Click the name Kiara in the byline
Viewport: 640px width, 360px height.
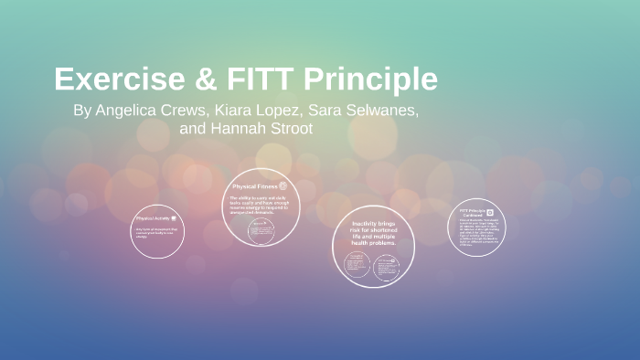(231, 111)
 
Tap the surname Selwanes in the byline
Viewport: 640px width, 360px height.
(379, 111)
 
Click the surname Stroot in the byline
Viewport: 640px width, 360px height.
(289, 129)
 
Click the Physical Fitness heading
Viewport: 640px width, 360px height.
(254, 185)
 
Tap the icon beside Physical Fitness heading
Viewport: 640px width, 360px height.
(283, 185)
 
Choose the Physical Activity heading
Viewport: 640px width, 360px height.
(152, 218)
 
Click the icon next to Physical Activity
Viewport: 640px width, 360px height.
(173, 218)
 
